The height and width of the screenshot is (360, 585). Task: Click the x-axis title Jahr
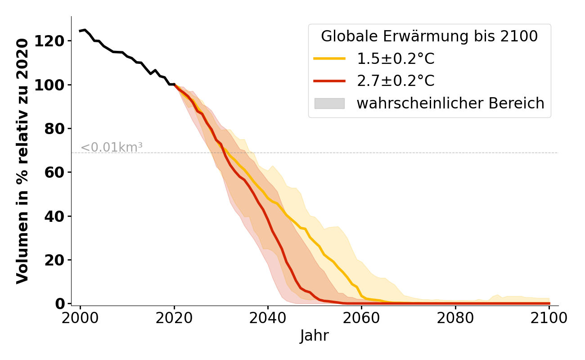(x=315, y=336)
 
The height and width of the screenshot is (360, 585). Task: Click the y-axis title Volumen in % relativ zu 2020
(x=22, y=161)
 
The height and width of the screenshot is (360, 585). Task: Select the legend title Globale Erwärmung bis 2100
(x=429, y=36)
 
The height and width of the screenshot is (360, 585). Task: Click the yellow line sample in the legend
(x=329, y=58)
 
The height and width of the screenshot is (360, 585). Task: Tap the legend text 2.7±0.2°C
(x=396, y=81)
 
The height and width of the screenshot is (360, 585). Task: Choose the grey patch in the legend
(x=329, y=103)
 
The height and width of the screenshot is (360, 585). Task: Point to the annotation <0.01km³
(x=112, y=147)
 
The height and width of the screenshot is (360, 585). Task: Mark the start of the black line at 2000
(x=80, y=31)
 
